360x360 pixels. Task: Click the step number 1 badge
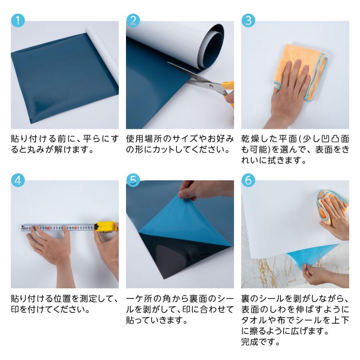(18, 20)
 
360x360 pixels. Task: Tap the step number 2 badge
(133, 20)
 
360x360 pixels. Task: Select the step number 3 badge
(248, 20)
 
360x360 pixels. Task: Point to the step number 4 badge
(18, 180)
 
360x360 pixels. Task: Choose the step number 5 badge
(133, 180)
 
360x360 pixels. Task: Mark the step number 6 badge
(248, 180)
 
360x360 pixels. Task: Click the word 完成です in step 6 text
(260, 342)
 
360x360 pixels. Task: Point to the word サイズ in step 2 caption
(184, 139)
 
